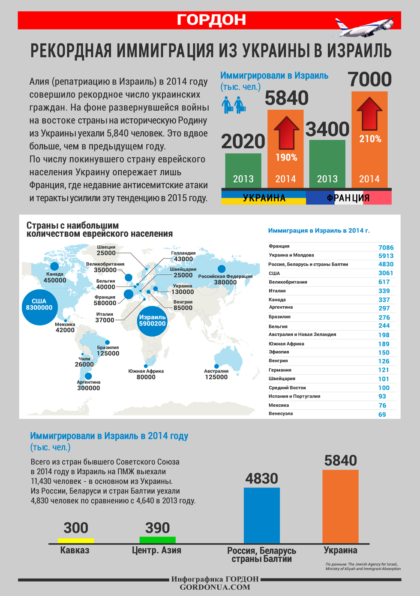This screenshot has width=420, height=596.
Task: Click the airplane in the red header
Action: tap(364, 27)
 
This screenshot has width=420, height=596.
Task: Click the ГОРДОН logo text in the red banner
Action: tap(211, 20)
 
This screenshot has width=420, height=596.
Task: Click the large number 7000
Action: tap(369, 79)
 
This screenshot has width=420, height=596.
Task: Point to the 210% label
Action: tap(370, 139)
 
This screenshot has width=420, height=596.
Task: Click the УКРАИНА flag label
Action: tap(264, 198)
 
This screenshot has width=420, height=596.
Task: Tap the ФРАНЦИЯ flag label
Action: tap(348, 198)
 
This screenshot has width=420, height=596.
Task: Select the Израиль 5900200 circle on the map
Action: tap(152, 320)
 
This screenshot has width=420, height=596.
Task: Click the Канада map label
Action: tap(55, 274)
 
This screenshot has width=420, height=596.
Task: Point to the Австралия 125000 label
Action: tap(216, 374)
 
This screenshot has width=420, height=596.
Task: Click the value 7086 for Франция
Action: tap(386, 247)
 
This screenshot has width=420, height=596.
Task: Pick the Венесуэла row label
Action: tap(281, 414)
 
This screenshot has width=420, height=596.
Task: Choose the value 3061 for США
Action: tap(385, 273)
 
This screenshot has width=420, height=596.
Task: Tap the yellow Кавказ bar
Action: tap(76, 541)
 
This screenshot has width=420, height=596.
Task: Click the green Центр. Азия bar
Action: tap(157, 540)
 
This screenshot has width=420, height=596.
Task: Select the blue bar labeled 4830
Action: tap(261, 515)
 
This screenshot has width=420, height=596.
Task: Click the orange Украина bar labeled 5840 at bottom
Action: tap(340, 506)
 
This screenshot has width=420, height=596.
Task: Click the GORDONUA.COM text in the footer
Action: tap(215, 587)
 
